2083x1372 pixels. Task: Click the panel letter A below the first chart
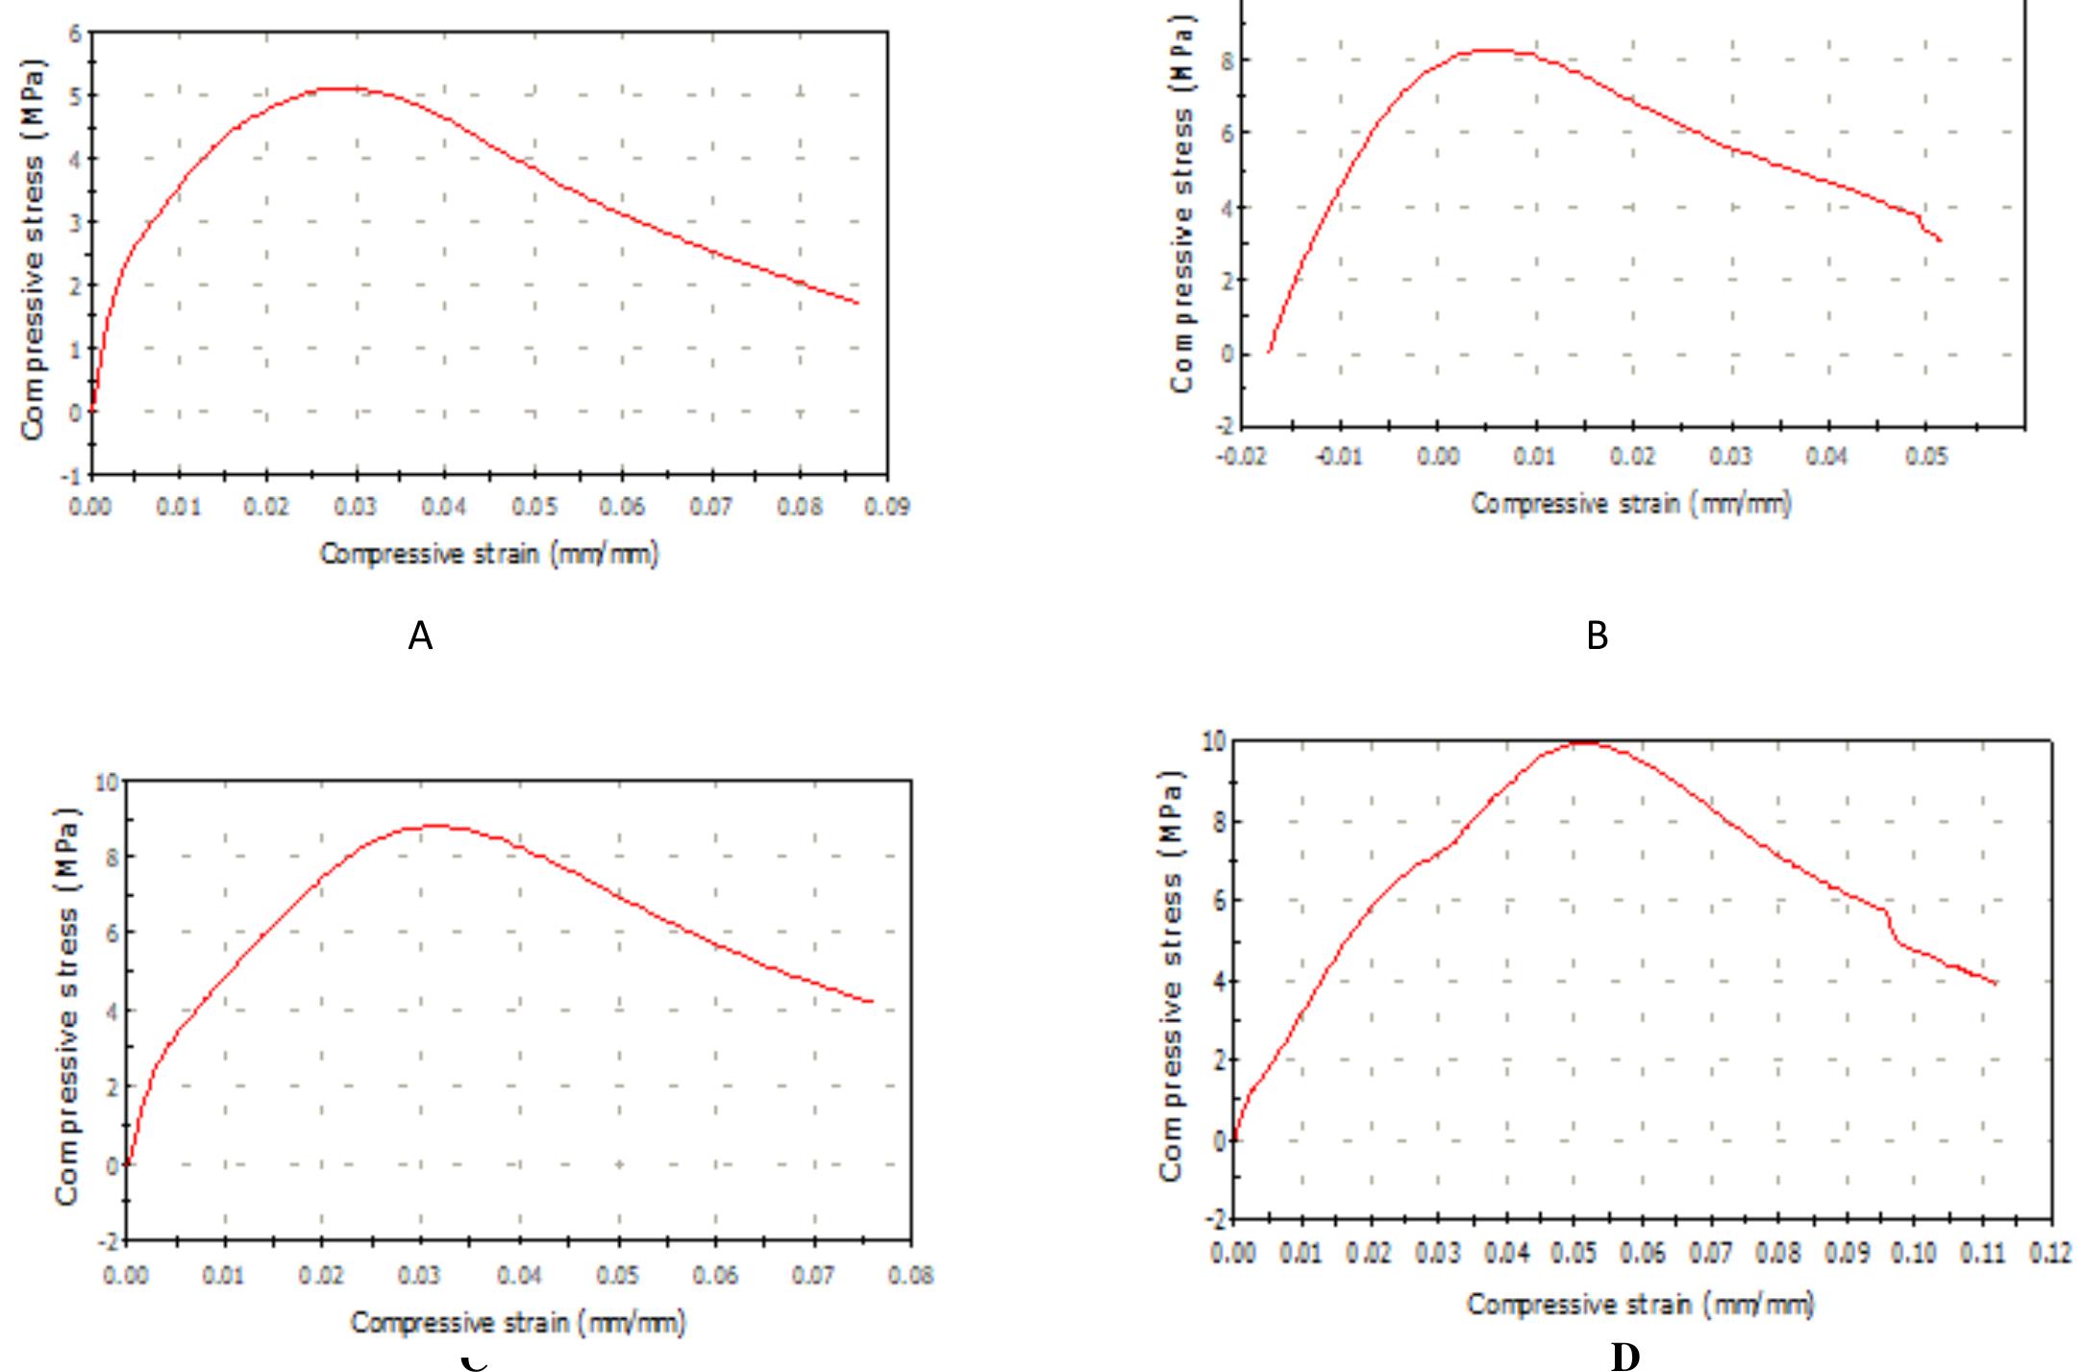click(420, 636)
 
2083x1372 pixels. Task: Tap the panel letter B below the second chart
click(1597, 636)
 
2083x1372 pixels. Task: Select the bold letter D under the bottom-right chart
click(1624, 1356)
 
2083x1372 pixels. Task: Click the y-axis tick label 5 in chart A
click(75, 95)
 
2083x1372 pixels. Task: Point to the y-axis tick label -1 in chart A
click(71, 476)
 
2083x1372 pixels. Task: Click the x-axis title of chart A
click(489, 554)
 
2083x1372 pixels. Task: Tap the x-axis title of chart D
click(1640, 1305)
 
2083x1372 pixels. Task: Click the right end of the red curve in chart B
click(1941, 240)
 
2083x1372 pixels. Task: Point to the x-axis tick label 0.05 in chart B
click(1927, 456)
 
